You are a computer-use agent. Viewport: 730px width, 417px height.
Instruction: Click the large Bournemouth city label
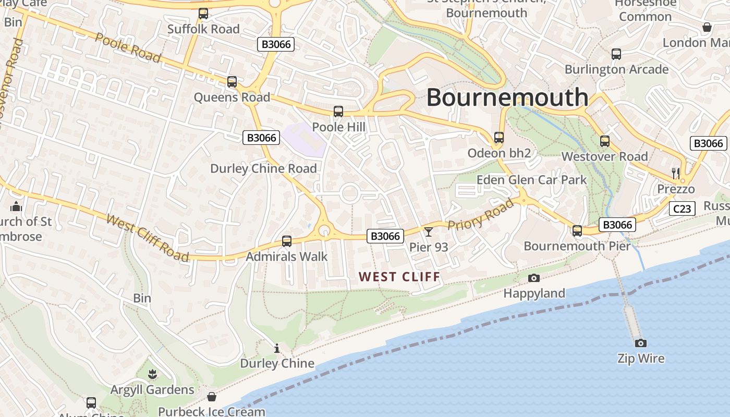coord(507,97)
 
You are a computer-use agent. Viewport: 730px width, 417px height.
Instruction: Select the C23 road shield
coord(682,209)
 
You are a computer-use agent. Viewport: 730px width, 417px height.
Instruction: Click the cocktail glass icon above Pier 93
coord(429,231)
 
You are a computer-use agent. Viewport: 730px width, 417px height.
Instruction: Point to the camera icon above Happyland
coord(534,278)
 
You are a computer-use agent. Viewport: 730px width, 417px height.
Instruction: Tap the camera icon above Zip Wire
coord(641,343)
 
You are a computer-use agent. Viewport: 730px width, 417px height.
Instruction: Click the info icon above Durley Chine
coord(277,348)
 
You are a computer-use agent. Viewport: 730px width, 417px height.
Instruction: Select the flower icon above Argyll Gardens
coord(152,374)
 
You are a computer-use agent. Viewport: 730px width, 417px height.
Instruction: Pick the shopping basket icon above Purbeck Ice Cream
coord(211,397)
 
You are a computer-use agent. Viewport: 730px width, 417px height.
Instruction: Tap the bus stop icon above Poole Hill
coord(338,112)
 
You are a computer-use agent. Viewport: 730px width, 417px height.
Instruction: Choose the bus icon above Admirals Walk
coord(286,241)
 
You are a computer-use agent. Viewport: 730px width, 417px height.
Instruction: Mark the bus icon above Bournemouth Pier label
coord(577,231)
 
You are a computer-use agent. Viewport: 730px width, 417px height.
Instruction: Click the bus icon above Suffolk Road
coord(203,14)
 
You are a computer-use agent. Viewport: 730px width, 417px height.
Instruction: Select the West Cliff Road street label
coord(148,237)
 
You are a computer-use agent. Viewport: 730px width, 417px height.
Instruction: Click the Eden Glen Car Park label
coord(531,180)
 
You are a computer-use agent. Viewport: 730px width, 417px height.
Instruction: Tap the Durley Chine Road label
coord(263,168)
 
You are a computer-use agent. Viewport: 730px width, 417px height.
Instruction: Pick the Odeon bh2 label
coord(499,153)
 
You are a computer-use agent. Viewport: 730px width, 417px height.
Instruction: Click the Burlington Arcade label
coord(616,69)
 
